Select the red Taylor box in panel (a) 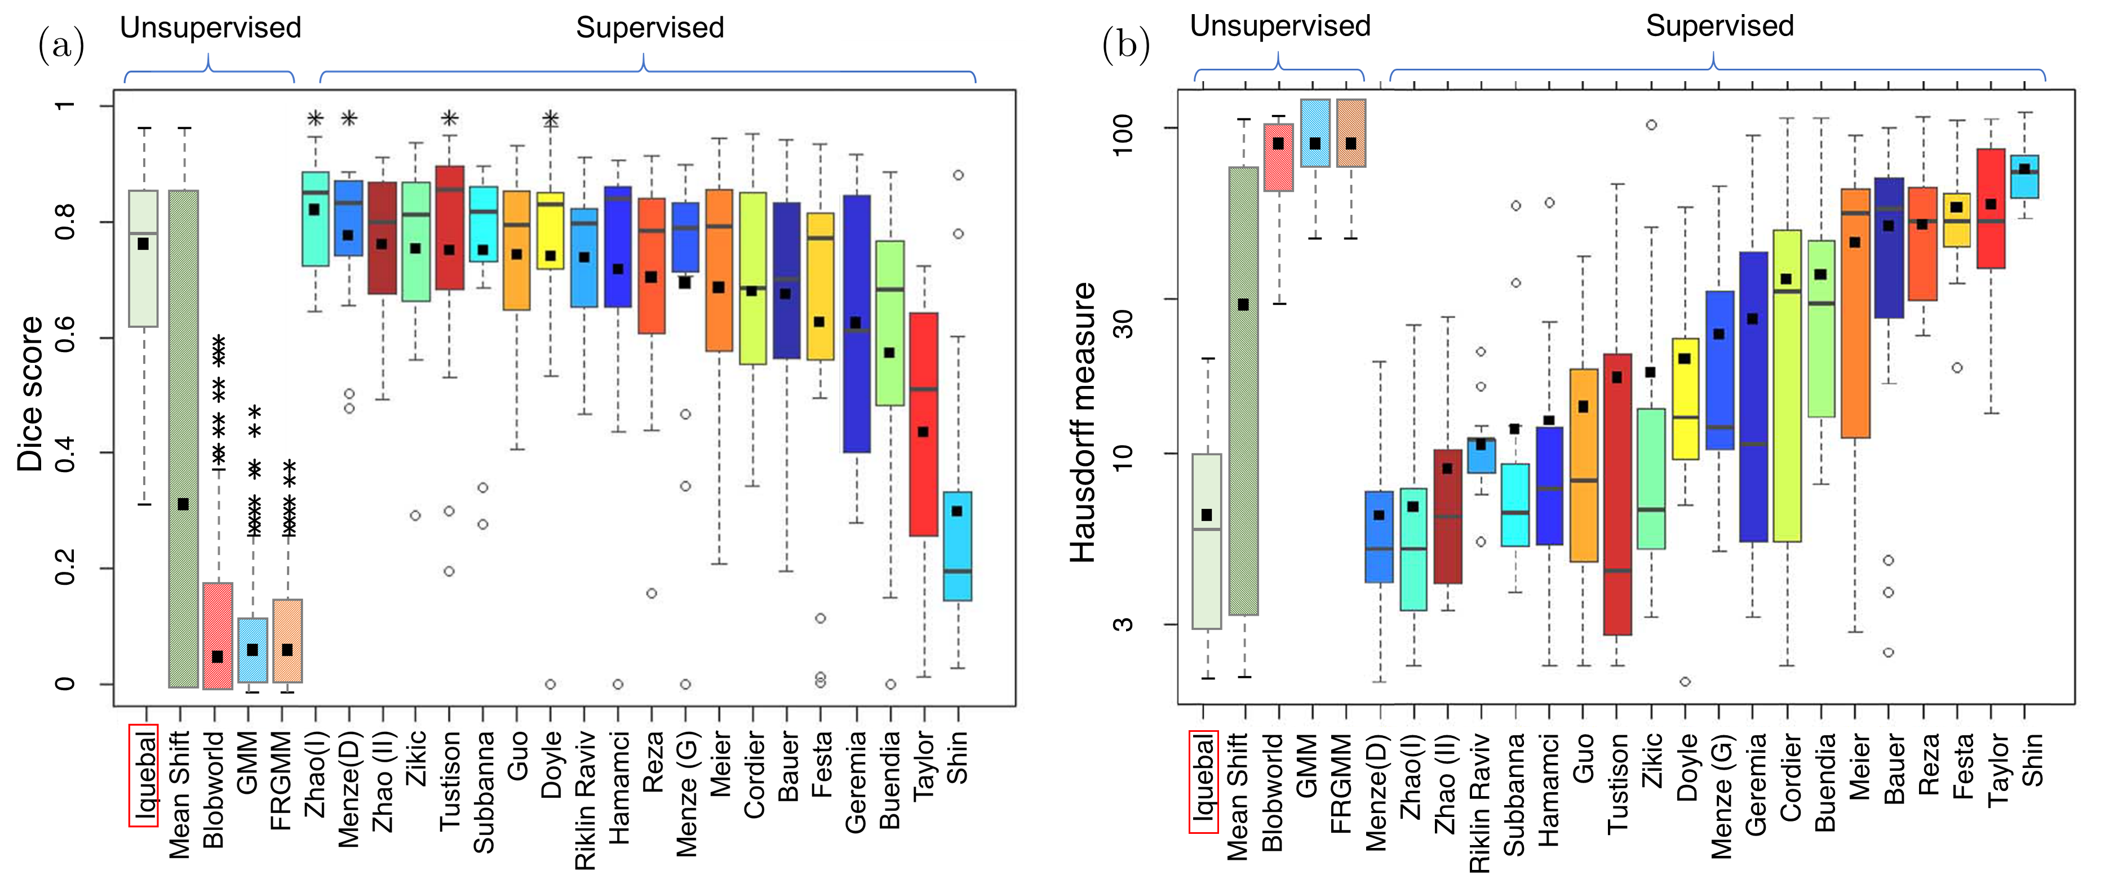coord(923,424)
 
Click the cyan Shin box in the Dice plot coord(958,546)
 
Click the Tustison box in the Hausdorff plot coord(1617,494)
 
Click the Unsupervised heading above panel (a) coord(211,28)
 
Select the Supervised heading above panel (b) coord(1720,26)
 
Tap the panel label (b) coord(1125,45)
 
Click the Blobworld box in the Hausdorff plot coord(1279,158)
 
